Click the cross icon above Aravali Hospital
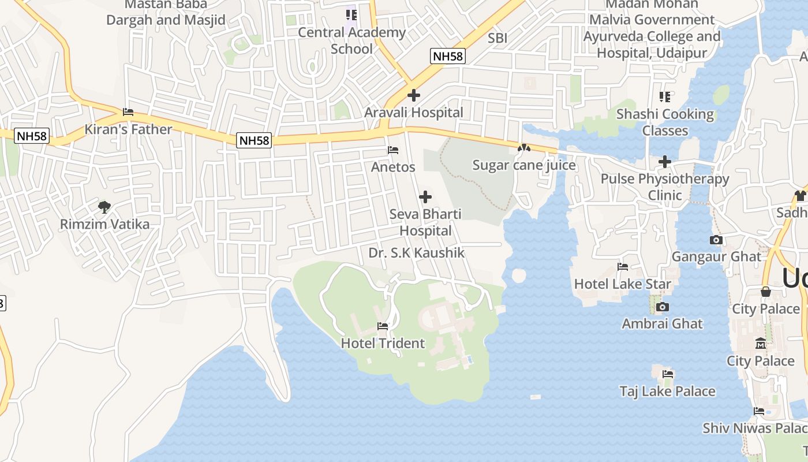pos(413,95)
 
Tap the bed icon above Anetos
pos(393,150)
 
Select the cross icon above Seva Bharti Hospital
pos(425,198)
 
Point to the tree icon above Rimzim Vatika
pos(104,207)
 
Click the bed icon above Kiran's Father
pos(128,112)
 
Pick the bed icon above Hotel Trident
pos(383,326)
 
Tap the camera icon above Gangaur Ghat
pos(716,240)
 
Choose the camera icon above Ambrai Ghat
pos(663,307)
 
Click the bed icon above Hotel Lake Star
pos(623,267)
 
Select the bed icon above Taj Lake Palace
pos(668,374)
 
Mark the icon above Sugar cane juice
pos(523,148)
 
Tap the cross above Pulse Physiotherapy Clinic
pos(665,162)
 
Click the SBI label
pos(497,38)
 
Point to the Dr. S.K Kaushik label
pos(416,253)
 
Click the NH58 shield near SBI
pos(448,56)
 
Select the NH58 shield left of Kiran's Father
pos(32,136)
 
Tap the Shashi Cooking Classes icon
pos(665,96)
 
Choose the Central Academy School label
pos(351,40)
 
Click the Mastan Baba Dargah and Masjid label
pos(166,13)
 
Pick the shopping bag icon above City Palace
pos(766,292)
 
